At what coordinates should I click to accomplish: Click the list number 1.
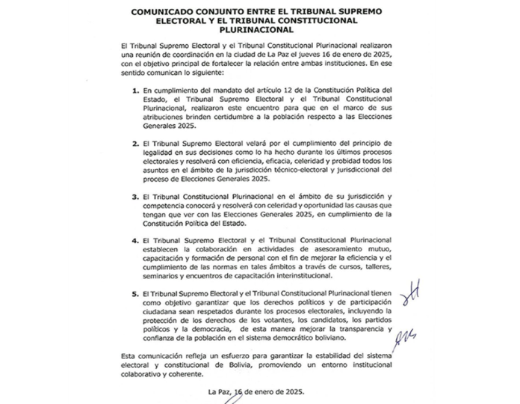pyautogui.click(x=135, y=91)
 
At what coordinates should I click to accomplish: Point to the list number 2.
pyautogui.click(x=135, y=141)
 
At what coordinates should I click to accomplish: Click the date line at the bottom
pyautogui.click(x=257, y=391)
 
